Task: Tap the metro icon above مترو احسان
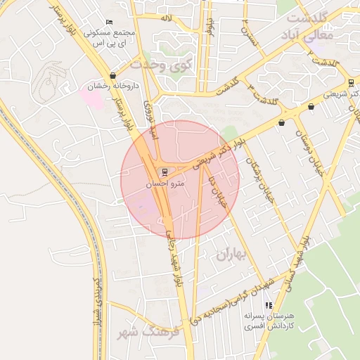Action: (165, 172)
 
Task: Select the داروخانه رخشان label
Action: (114, 86)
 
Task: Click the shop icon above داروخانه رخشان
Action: (113, 75)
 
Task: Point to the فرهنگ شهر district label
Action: (146, 331)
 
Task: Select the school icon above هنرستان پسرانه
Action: (268, 306)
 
